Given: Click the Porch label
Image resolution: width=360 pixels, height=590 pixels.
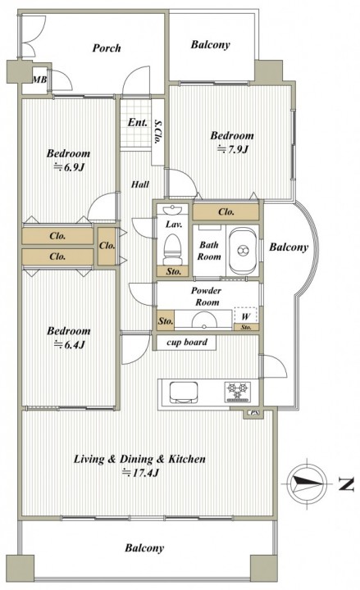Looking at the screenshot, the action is point(107,48).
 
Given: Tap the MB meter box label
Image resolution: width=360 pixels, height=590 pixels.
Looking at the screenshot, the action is point(39,79).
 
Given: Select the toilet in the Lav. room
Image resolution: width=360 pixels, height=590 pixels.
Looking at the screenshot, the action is point(173,249).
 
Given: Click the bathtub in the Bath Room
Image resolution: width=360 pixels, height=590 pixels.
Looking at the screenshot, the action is point(243,250).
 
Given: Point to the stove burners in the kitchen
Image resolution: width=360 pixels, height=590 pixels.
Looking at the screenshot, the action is point(237,392).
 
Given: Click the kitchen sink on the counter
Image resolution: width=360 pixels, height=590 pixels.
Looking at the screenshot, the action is point(184,393).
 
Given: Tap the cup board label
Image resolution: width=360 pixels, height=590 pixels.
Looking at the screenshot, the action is point(187,343).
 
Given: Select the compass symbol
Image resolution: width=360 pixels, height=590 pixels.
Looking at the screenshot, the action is point(308,483).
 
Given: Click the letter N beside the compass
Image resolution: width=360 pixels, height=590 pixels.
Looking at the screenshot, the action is point(346,484).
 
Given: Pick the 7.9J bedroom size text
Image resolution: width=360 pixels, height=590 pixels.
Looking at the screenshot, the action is point(232,149).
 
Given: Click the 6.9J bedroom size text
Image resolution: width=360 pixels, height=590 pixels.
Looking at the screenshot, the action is point(68,167).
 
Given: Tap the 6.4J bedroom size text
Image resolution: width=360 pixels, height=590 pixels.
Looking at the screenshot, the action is point(69,345).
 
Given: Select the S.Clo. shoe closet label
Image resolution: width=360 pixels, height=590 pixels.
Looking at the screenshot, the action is point(157,131).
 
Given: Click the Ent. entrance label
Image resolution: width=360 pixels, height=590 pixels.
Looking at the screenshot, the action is point(138,122).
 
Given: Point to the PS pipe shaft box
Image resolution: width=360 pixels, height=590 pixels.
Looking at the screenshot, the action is point(254,413).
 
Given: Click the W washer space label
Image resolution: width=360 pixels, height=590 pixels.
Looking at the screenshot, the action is point(245,316).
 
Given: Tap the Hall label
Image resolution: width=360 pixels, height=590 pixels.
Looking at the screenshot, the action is point(140,184).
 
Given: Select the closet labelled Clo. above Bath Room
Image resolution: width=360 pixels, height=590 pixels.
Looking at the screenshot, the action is point(226,212).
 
